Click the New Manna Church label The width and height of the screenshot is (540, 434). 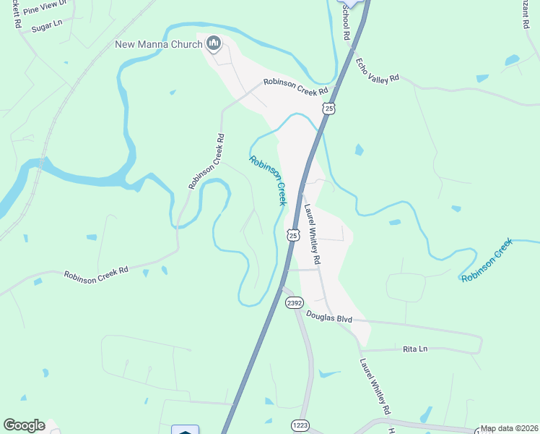(x=159, y=45)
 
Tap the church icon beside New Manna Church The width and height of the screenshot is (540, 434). (x=213, y=45)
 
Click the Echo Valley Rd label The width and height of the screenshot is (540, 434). (x=378, y=70)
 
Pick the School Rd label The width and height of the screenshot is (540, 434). (x=347, y=22)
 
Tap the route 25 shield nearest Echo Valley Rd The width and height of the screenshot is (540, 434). (x=329, y=109)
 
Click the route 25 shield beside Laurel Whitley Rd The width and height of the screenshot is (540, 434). (x=292, y=235)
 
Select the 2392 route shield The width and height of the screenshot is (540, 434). (x=294, y=304)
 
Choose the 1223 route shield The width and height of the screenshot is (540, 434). (x=302, y=425)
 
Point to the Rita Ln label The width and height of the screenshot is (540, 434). (x=414, y=349)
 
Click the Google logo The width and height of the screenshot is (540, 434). (x=24, y=425)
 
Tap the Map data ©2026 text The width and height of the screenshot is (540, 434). (x=509, y=428)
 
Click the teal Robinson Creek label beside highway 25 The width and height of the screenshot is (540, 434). (x=269, y=180)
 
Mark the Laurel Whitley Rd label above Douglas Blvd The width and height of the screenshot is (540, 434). (x=312, y=234)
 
